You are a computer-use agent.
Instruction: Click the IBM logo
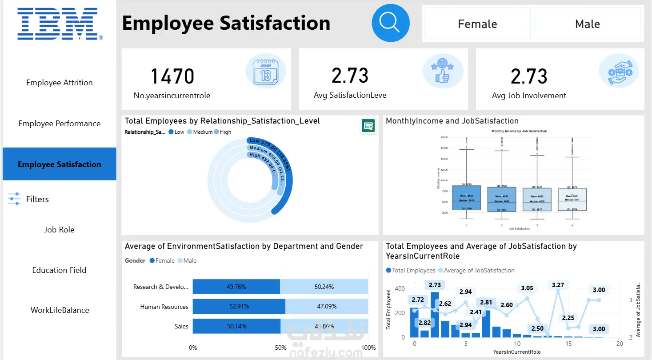click(58, 23)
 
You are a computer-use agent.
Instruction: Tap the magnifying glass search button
click(390, 24)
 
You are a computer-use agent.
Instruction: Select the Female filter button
click(477, 24)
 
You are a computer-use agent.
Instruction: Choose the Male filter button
click(587, 24)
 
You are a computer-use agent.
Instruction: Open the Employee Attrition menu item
click(60, 83)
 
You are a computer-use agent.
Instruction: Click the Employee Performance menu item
click(60, 124)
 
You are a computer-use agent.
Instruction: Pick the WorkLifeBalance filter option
click(60, 310)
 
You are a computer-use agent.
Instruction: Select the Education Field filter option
click(60, 270)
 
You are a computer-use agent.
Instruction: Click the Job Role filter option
click(60, 230)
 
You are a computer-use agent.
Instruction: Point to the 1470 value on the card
click(172, 76)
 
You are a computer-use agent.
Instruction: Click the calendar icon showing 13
click(265, 72)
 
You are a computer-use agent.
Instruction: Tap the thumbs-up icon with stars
click(442, 72)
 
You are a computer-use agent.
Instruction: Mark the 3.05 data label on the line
click(527, 288)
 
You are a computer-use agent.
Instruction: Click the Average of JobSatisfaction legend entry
click(476, 270)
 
